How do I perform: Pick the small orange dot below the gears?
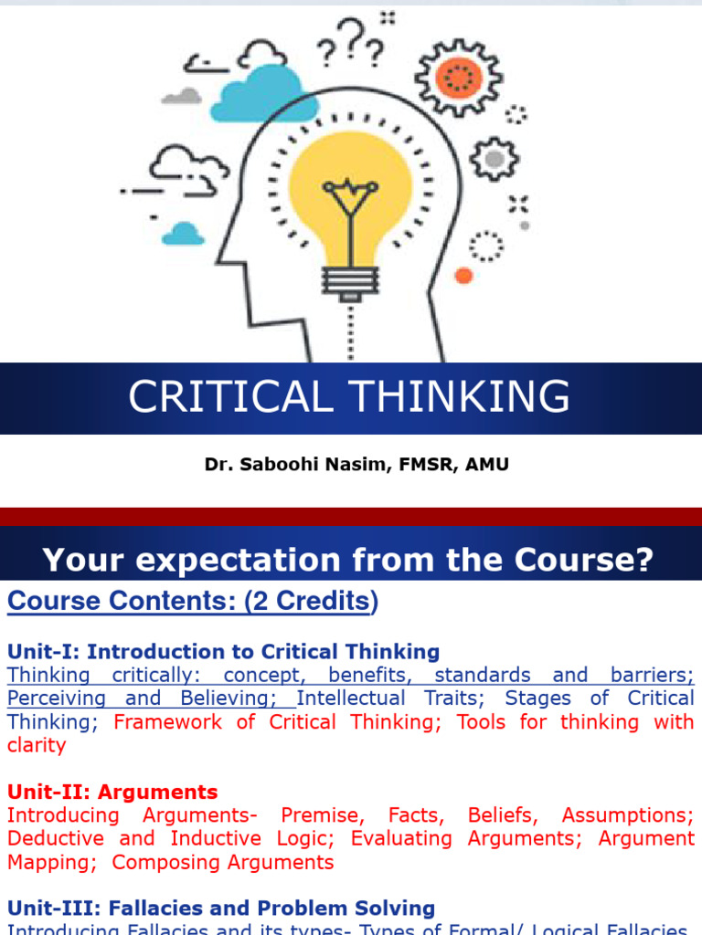click(463, 275)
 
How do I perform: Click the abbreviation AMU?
click(487, 464)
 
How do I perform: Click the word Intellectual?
click(351, 699)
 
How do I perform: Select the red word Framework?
click(168, 722)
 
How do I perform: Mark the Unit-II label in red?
click(43, 792)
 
